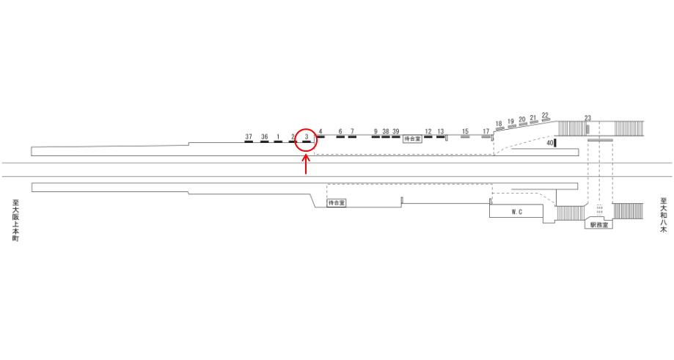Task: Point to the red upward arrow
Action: click(x=306, y=164)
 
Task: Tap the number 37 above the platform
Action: click(x=249, y=136)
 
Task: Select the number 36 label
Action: click(x=264, y=136)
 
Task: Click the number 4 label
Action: click(x=320, y=131)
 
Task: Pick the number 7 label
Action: click(x=352, y=131)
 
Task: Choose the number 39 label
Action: click(x=396, y=131)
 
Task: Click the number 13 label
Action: click(x=441, y=131)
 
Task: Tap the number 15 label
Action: click(x=465, y=131)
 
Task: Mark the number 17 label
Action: click(x=486, y=131)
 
